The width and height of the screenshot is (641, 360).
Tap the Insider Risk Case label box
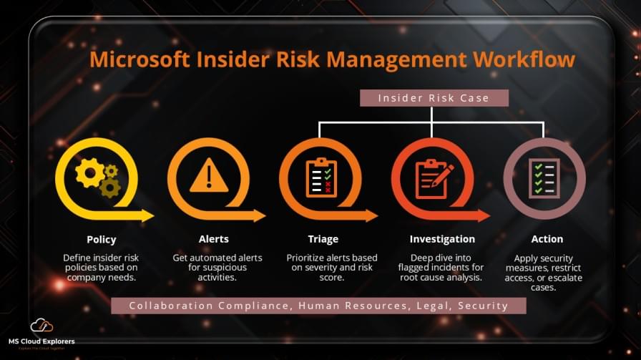pos(434,98)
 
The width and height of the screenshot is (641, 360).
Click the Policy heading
pos(101,239)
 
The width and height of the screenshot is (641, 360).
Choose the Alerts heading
pos(213,239)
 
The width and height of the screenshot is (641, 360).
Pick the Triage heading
pos(323,239)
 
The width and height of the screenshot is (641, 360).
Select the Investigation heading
pos(442,239)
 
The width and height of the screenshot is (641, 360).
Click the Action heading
pos(547,239)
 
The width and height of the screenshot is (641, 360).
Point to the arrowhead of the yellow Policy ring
pos(147,215)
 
